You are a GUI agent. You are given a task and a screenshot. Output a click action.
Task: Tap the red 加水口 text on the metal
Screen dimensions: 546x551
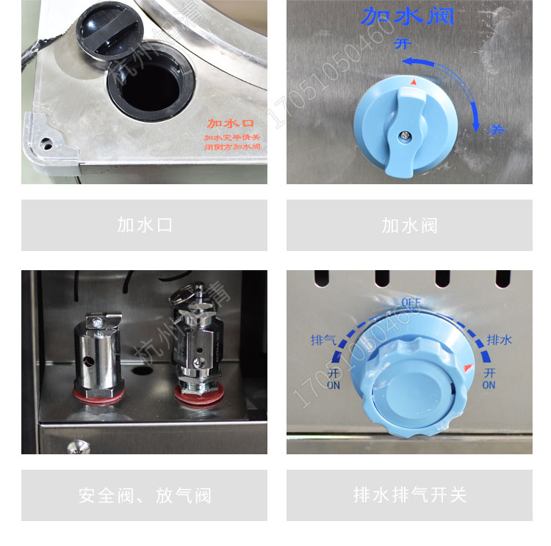[x=229, y=123]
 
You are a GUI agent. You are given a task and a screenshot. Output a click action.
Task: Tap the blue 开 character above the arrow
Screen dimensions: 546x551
[x=403, y=44]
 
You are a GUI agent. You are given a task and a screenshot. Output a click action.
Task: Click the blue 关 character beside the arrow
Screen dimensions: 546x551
[x=497, y=129]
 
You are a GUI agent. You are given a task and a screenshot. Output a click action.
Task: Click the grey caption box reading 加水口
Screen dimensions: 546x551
[x=144, y=225]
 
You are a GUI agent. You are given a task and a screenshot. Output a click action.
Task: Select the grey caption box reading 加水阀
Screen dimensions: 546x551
[x=409, y=225]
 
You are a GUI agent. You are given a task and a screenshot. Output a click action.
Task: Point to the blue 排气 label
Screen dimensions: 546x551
[x=323, y=341]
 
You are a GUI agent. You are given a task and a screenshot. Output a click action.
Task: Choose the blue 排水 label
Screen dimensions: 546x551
[x=499, y=341]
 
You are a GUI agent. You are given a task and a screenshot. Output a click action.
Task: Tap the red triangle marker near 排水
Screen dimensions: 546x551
[x=469, y=366]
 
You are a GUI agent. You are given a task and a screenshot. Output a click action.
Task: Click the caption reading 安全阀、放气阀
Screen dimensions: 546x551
[x=144, y=495]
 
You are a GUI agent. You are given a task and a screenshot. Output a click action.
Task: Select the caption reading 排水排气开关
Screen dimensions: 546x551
[x=409, y=495]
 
